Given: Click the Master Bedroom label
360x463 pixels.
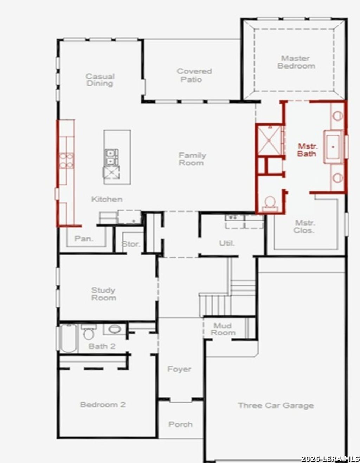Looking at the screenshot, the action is point(296,62).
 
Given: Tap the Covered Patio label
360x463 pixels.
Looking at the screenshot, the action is point(194,75).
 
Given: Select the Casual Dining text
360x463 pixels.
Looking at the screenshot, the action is point(100,80).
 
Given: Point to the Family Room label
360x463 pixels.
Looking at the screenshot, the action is point(192,159).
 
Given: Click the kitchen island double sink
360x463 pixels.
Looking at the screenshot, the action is point(111,157).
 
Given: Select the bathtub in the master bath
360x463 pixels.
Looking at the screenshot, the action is point(333,146).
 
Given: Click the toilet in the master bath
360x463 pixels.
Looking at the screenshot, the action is point(270,204).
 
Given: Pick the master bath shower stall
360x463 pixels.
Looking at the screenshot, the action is point(269,141).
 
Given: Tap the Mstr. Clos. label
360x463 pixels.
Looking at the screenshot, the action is point(304,227).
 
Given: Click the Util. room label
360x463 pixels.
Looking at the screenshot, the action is point(227,243).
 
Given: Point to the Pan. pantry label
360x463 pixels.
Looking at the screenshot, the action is point(84,239).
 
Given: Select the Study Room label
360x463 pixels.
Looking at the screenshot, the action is point(104,294).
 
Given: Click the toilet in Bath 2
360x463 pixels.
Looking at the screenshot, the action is point(89,332).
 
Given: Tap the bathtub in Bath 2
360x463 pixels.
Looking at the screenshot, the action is point(69,338).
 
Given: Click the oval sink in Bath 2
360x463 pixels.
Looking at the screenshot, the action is point(115,329).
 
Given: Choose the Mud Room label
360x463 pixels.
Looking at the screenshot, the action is point(223,329).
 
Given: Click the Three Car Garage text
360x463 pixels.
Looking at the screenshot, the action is point(276,405).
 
